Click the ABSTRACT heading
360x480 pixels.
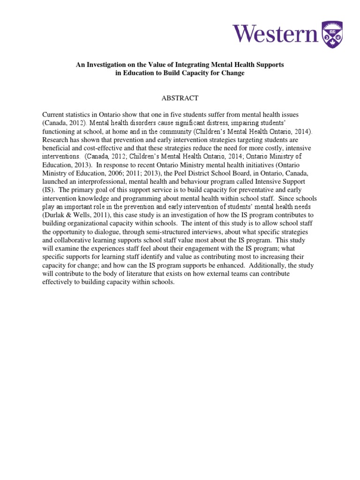(x=180, y=98)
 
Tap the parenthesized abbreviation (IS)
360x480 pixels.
(x=49, y=190)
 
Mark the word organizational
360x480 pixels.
(x=87, y=223)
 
